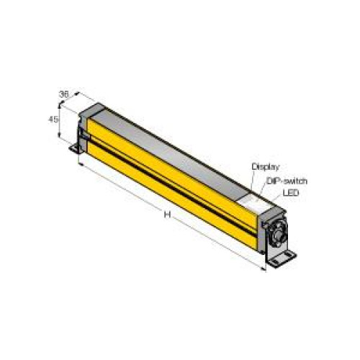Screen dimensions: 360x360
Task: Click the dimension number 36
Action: (x=64, y=94)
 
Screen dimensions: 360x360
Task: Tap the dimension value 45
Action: (x=53, y=120)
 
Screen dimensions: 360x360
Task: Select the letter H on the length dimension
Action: (x=167, y=215)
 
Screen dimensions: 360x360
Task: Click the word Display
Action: (x=266, y=166)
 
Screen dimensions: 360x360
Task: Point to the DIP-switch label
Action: (x=287, y=181)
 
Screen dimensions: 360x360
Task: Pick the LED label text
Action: (x=291, y=192)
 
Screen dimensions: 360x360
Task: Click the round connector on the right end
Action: (x=279, y=232)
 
